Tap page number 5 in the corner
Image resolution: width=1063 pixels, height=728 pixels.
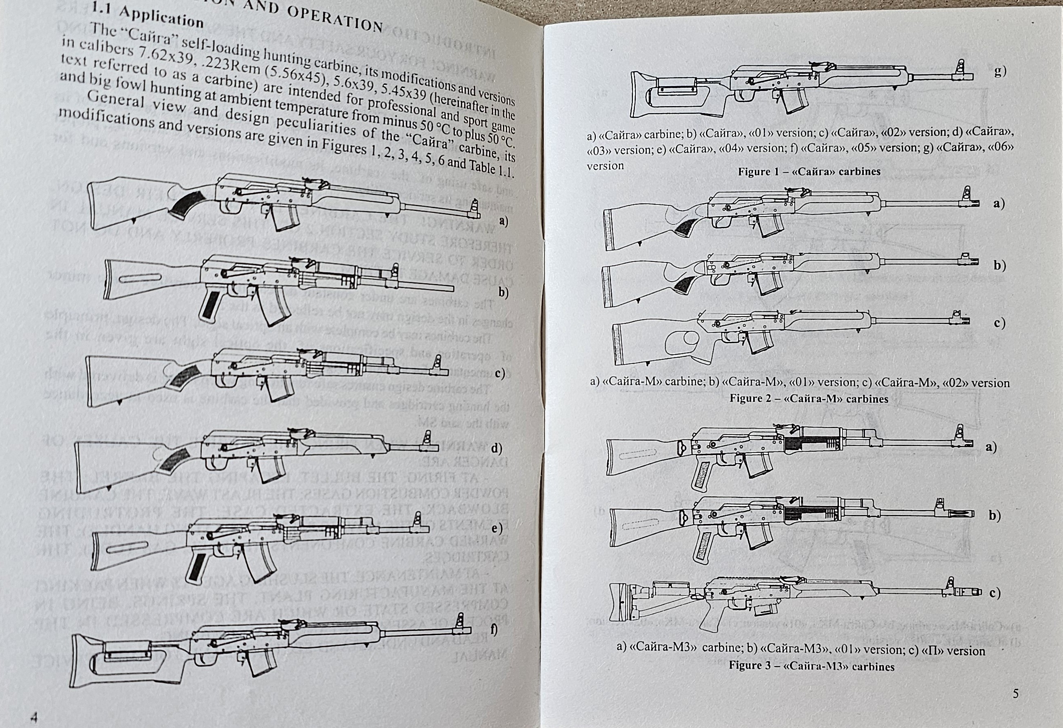pos(1015,694)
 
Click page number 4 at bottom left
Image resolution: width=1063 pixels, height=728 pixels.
pos(33,717)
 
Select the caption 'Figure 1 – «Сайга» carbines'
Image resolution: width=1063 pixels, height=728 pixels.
pos(809,172)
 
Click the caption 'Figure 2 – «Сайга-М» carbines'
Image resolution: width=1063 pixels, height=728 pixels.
pos(809,398)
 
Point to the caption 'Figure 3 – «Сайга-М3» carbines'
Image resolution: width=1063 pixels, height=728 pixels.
pos(812,666)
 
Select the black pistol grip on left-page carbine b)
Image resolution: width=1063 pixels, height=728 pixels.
pos(210,304)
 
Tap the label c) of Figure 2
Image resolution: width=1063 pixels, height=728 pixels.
pos(1000,323)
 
